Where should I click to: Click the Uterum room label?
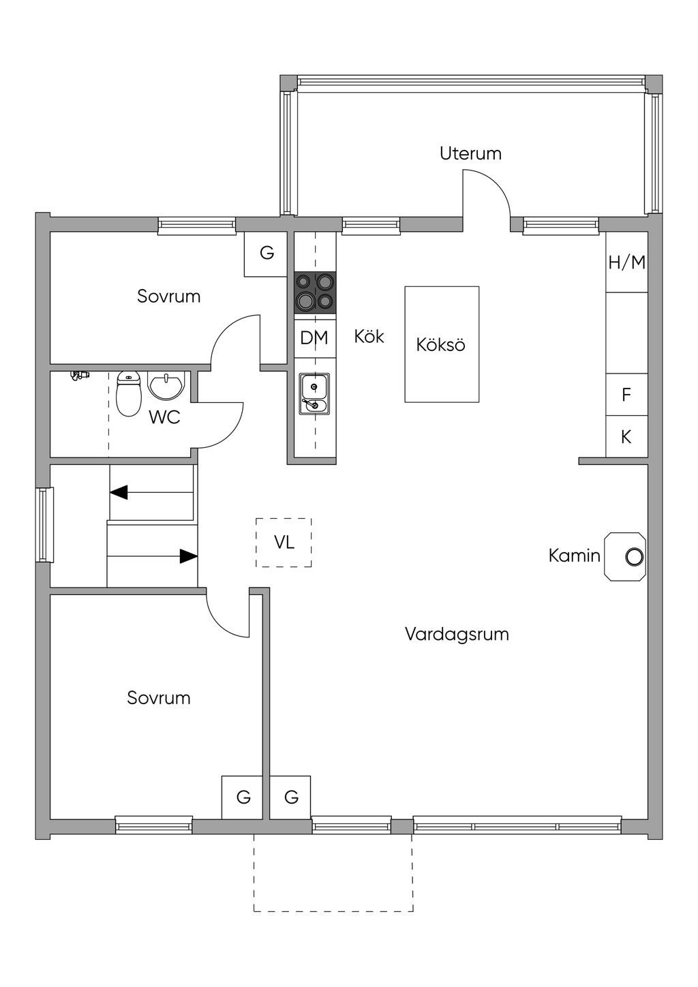470,153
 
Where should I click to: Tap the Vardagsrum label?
457,634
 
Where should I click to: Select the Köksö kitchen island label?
440,345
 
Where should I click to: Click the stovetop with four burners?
315,292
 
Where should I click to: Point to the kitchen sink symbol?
314,394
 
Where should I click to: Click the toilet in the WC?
128,394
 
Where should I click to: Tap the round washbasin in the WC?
166,386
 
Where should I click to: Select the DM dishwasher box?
315,338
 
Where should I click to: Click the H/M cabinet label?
626,263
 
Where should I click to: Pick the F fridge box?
626,395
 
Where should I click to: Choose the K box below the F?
626,437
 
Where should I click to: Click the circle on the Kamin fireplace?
635,557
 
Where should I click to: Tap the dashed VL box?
284,543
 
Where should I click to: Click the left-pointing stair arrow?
151,492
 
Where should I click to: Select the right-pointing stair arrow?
152,556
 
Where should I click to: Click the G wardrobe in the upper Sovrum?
266,254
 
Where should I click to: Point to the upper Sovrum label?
169,296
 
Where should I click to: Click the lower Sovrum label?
159,698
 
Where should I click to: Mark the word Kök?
369,337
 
